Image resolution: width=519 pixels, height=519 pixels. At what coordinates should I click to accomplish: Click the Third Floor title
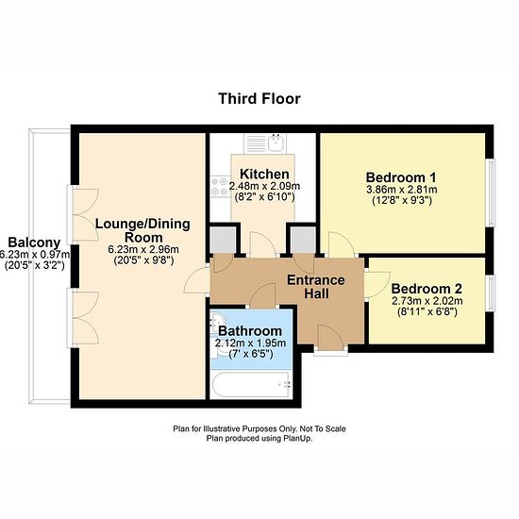(259, 99)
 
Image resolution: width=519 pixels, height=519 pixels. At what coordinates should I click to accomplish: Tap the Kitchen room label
(264, 174)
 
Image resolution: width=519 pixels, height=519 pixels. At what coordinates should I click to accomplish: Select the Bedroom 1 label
(401, 177)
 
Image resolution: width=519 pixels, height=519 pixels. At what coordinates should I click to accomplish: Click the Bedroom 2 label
(427, 289)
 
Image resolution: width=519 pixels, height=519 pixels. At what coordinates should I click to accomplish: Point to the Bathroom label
(250, 331)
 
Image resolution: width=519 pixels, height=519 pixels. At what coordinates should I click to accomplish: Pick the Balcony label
(34, 243)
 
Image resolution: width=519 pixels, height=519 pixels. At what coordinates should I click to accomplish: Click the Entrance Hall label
(316, 287)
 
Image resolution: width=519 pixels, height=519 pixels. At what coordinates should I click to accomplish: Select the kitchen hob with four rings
(220, 186)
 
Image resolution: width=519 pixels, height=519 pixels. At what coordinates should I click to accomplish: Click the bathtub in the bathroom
(251, 385)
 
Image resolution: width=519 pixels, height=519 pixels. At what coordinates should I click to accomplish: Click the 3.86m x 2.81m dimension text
(401, 190)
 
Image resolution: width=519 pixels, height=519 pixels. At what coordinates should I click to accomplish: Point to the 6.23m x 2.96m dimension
(143, 249)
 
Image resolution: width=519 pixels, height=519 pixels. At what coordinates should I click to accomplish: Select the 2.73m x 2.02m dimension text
(427, 301)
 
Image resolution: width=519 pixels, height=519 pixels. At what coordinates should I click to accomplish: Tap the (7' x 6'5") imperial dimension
(251, 354)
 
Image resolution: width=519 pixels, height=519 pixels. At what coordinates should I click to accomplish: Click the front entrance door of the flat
(330, 337)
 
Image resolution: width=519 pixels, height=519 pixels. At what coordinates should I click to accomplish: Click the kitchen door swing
(263, 244)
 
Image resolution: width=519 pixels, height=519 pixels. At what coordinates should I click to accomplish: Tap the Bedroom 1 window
(492, 193)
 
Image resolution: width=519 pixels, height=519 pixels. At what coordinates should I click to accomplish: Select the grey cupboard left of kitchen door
(223, 240)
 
